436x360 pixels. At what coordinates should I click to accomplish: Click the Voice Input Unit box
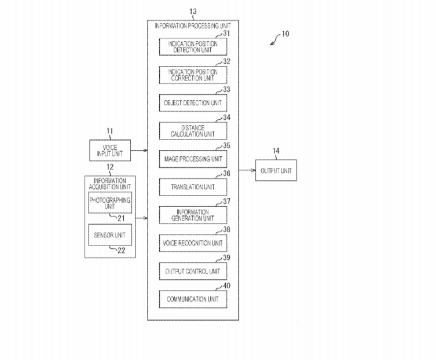point(109,150)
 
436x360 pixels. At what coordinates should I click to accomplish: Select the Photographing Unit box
point(109,203)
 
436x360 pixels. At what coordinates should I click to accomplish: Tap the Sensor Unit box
point(109,234)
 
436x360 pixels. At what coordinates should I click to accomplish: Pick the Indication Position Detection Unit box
point(193,47)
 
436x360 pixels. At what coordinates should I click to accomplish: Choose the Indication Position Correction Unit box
point(193,75)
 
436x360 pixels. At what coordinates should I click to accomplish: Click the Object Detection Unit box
point(193,102)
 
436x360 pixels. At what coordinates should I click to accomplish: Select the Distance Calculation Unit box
point(193,131)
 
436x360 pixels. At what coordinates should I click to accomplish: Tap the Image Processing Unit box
point(193,159)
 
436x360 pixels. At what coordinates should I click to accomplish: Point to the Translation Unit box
point(193,186)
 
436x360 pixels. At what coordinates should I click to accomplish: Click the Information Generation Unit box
point(193,215)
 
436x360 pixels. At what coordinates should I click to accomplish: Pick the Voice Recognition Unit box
point(193,243)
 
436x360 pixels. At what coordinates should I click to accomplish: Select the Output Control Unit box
point(193,271)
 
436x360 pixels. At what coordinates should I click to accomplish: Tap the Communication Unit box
point(193,299)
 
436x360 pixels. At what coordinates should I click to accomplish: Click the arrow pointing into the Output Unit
point(247,171)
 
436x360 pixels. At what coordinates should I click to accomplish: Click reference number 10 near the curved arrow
point(286,34)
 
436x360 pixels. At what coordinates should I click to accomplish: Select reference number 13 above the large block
point(193,11)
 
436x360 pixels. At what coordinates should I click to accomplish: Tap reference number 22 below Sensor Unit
point(121,249)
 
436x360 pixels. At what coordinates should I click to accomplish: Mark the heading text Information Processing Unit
point(193,25)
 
